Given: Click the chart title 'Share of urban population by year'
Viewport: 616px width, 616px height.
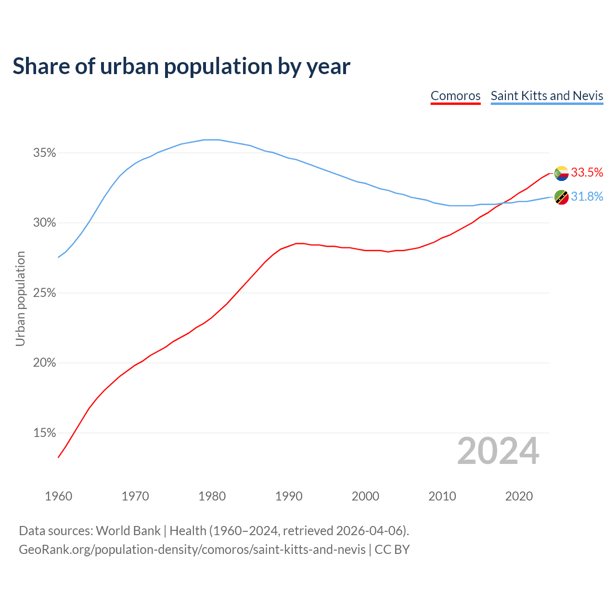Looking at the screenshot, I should tap(181, 66).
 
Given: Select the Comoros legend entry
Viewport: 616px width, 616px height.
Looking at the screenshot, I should tap(455, 96).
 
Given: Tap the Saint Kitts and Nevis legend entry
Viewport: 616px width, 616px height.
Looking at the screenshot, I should tap(547, 96).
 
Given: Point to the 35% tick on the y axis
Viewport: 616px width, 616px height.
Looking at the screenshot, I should tap(44, 153).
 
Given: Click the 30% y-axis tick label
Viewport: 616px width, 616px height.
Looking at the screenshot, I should tap(44, 223).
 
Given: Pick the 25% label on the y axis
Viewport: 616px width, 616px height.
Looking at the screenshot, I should tap(44, 293).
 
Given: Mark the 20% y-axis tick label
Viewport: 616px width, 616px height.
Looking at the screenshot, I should tap(44, 363).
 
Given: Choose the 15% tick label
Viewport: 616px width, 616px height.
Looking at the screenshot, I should tap(44, 433).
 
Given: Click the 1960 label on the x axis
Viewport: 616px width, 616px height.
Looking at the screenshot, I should tap(58, 496).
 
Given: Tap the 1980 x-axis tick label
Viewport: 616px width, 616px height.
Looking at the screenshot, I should tap(212, 496).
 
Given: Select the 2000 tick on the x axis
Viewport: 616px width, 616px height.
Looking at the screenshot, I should tap(365, 496).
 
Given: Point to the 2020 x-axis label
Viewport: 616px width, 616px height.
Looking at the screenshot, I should tap(519, 496).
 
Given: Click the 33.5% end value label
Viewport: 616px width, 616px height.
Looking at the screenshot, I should tap(587, 173).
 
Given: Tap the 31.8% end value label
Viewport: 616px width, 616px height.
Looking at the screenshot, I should tap(587, 197).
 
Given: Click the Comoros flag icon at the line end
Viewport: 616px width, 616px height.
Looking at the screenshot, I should tap(561, 173).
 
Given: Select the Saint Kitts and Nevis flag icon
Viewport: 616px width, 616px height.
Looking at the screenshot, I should tap(561, 197).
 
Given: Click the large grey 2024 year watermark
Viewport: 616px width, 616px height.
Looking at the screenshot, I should tap(498, 451).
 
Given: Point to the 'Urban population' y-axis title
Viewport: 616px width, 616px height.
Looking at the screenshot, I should tap(20, 298).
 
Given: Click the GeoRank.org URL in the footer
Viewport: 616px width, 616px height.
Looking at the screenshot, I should tap(192, 550).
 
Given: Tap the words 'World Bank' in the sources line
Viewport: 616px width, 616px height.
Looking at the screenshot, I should tap(128, 531).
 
